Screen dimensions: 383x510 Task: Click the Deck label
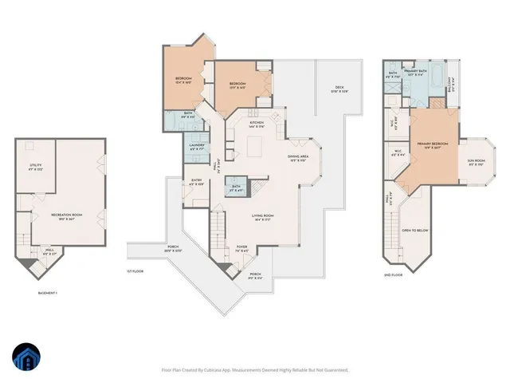[x=339, y=89]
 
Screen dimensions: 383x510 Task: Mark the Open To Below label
[x=417, y=230]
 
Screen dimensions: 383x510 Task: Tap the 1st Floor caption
[x=134, y=271]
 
